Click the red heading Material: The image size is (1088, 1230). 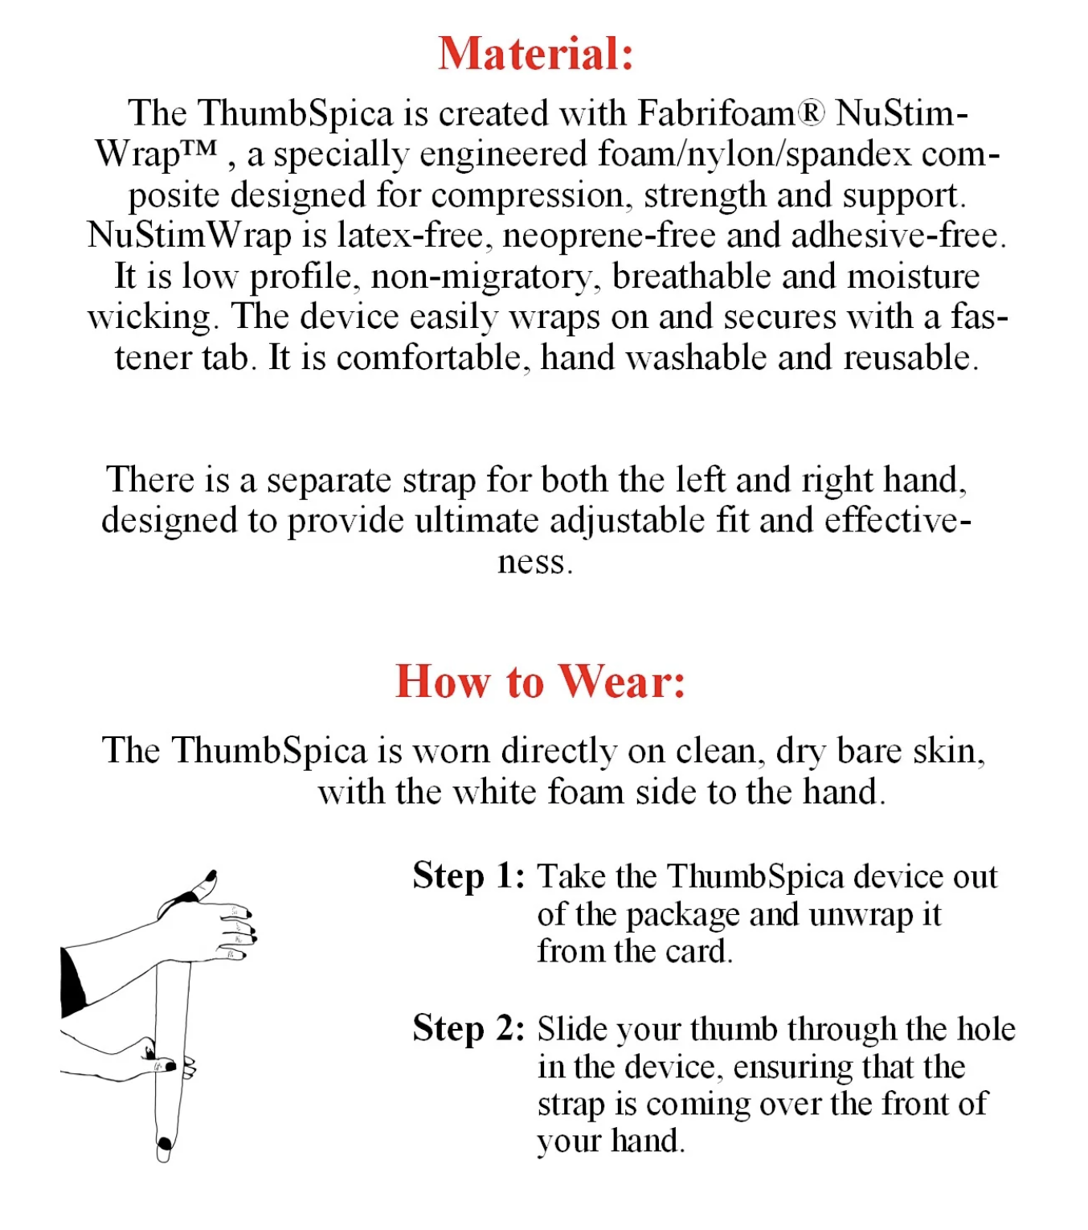pyautogui.click(x=536, y=54)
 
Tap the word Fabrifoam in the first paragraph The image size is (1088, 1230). pyautogui.click(x=716, y=113)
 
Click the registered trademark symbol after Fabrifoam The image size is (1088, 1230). pyautogui.click(x=812, y=113)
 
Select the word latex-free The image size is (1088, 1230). pyautogui.click(x=410, y=236)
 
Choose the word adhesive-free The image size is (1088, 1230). pyautogui.click(x=896, y=236)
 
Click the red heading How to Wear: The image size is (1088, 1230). pyautogui.click(x=540, y=682)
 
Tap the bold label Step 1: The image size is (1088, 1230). pyautogui.click(x=468, y=875)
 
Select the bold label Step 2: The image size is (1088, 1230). pyautogui.click(x=468, y=1028)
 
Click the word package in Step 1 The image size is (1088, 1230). pyautogui.click(x=683, y=915)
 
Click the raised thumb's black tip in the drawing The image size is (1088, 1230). pyautogui.click(x=212, y=875)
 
